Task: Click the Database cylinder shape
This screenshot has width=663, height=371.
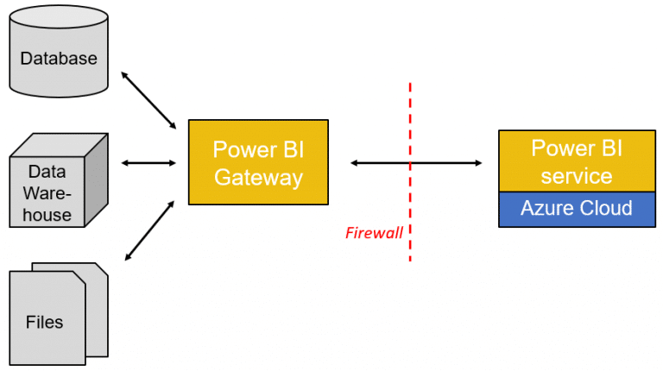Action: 58,65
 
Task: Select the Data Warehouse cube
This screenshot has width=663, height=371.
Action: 47,190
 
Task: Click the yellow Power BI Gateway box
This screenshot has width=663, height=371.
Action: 258,162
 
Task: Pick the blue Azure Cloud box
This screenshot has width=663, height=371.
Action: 576,209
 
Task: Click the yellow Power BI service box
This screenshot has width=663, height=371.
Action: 576,161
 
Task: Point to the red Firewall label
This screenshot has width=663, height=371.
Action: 374,232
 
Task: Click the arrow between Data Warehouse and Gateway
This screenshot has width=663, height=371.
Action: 148,163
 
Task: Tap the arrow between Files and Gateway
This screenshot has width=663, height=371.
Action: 149,229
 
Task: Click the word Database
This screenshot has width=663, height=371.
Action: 59,59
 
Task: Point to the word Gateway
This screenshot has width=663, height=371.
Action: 258,178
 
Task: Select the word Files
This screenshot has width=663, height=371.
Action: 44,322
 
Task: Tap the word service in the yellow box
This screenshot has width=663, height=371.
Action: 576,176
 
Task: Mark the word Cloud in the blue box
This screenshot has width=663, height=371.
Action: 608,209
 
